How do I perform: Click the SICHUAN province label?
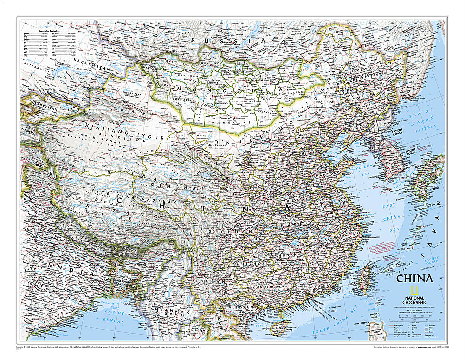(226, 230)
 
